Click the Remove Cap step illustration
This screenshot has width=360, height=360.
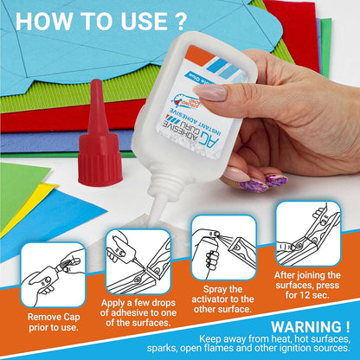click(53, 272)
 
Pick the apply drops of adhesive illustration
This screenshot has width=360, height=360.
click(138, 260)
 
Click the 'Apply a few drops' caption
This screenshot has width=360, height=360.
click(138, 312)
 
